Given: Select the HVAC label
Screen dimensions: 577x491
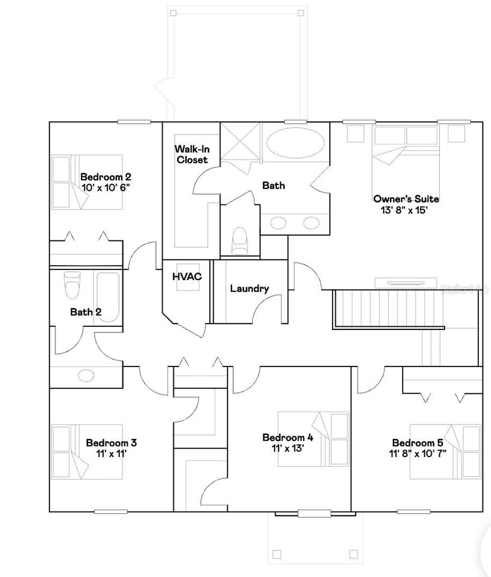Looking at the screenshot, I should (187, 277).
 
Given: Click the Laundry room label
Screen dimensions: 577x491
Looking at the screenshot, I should (249, 289).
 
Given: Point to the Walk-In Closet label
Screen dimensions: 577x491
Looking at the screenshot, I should (192, 154).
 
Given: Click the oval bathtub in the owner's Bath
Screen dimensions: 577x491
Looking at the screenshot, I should (295, 142).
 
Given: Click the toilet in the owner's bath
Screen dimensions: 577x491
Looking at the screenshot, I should (239, 241).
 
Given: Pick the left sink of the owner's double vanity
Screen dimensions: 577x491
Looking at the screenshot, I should (279, 223).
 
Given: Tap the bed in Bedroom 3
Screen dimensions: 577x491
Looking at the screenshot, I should (86, 451).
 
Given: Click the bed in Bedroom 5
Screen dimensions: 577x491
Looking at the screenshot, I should (445, 451).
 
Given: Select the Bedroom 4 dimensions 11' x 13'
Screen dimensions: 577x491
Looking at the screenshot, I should (287, 448).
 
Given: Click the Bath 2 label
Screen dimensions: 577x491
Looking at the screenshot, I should (86, 312).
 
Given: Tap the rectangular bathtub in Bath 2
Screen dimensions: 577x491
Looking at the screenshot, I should (108, 296).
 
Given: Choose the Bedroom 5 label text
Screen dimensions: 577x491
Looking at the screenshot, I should (417, 443).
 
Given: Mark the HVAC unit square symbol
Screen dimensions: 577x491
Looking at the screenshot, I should (187, 277).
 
